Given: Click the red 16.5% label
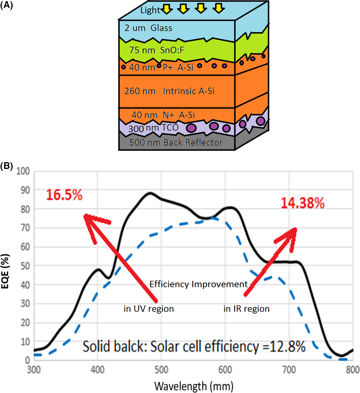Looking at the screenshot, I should pos(64,196).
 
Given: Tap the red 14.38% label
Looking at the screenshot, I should pos(302,203).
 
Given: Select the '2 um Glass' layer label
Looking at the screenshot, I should pos(148,28).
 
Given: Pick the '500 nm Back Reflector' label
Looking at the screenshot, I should pos(176,143).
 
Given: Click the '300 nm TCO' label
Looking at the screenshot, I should pos(151,128).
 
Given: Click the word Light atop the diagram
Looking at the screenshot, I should pos(150,10).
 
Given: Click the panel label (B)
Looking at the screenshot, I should pos(7,166).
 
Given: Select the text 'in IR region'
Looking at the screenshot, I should pos(247,309).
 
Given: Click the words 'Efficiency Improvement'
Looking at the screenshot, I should pos(199,284).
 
